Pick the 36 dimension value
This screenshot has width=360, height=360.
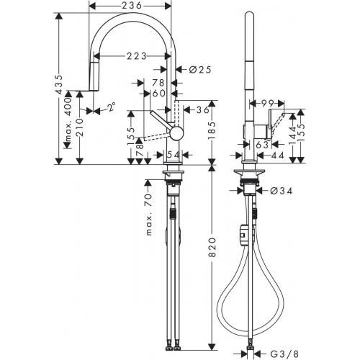pos(202,109)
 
